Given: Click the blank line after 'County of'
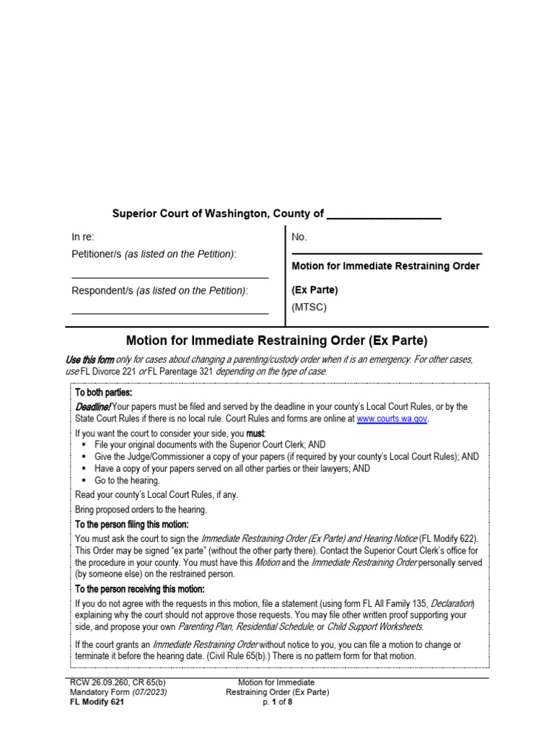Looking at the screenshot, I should click(x=384, y=217).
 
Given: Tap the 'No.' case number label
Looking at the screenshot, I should click(x=299, y=237).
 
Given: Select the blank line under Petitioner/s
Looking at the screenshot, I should click(x=170, y=276).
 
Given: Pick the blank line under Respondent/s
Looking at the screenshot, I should click(x=170, y=313).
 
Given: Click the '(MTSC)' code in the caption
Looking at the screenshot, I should click(x=309, y=307).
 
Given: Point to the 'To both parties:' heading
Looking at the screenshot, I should click(x=104, y=393).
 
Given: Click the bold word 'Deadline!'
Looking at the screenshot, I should click(x=93, y=407).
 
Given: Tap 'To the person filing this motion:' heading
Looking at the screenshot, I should click(x=132, y=525).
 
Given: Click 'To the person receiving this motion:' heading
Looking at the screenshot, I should click(x=140, y=590).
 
